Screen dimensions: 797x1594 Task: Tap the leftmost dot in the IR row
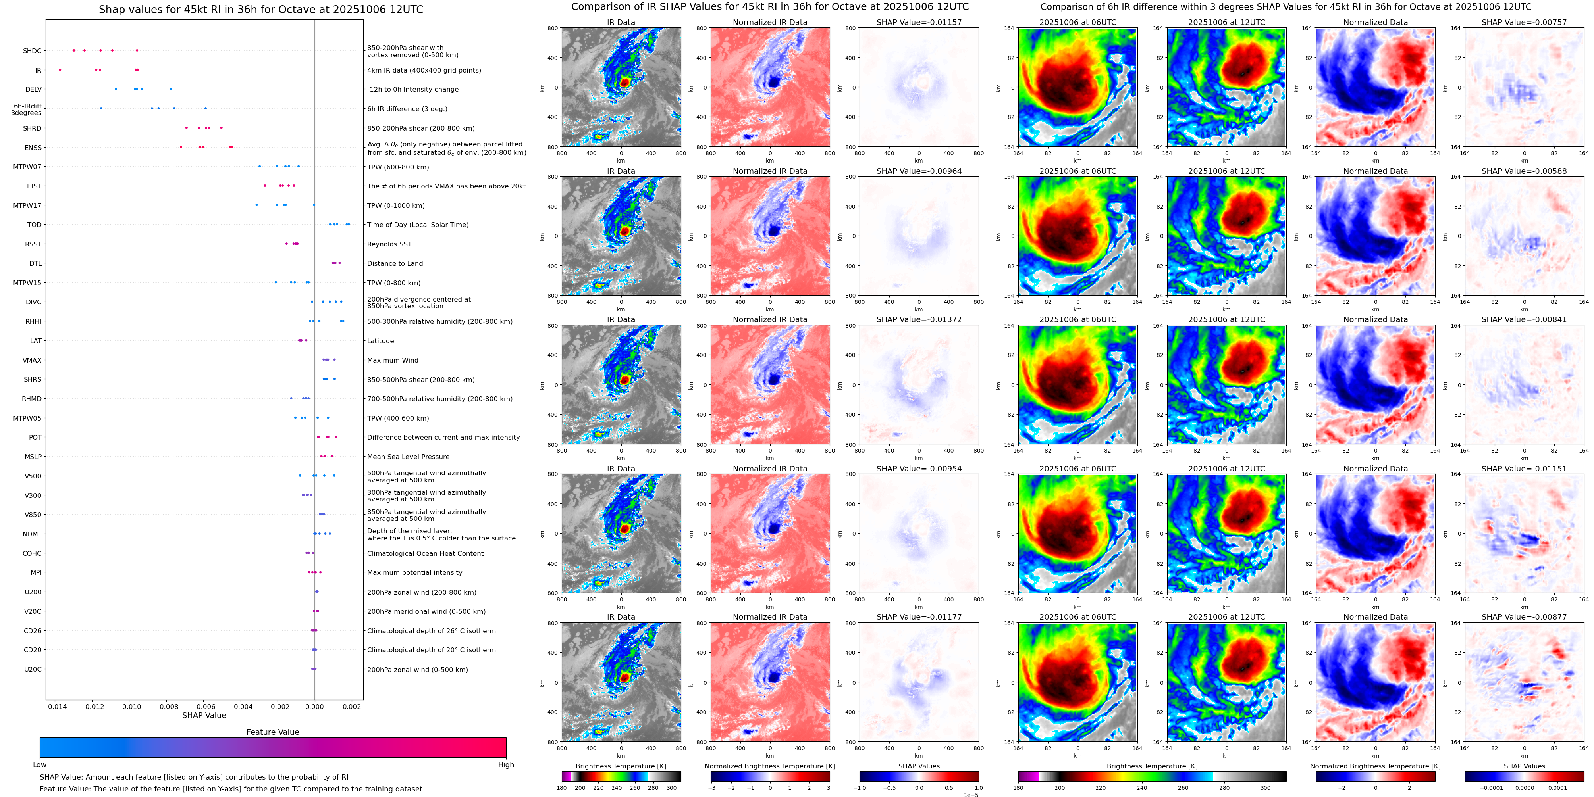pyautogui.click(x=60, y=70)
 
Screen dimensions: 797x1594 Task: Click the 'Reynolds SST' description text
pyautogui.click(x=389, y=244)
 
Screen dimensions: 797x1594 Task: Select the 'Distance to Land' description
pyautogui.click(x=395, y=263)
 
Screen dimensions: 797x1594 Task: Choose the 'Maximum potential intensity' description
pyautogui.click(x=414, y=572)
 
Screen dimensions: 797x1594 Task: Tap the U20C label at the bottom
pyautogui.click(x=33, y=669)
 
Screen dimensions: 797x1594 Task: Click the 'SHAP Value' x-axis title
pyautogui.click(x=204, y=715)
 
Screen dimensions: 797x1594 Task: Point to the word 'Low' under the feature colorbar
pyautogui.click(x=40, y=765)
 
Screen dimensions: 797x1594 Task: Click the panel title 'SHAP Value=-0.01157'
pyautogui.click(x=919, y=22)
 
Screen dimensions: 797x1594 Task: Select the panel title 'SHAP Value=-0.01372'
pyautogui.click(x=919, y=320)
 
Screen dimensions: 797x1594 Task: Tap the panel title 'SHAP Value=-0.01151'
pyautogui.click(x=1524, y=469)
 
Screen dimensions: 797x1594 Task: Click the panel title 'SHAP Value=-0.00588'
pyautogui.click(x=1524, y=171)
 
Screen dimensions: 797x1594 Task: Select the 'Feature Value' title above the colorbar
pyautogui.click(x=273, y=732)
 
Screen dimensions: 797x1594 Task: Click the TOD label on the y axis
pyautogui.click(x=34, y=225)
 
